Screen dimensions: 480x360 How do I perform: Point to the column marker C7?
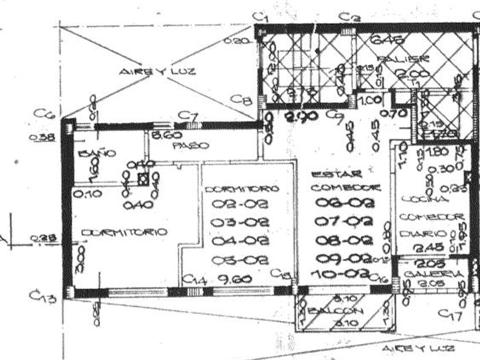(188, 116)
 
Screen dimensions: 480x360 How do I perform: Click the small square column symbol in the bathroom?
(142, 178)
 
